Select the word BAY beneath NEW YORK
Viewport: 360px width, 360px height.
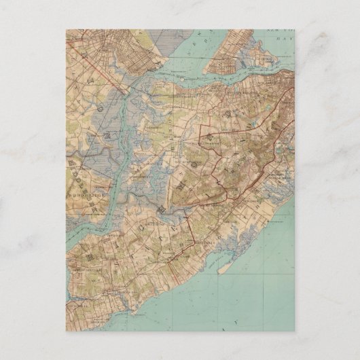(285, 41)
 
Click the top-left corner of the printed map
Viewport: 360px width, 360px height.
(66, 29)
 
